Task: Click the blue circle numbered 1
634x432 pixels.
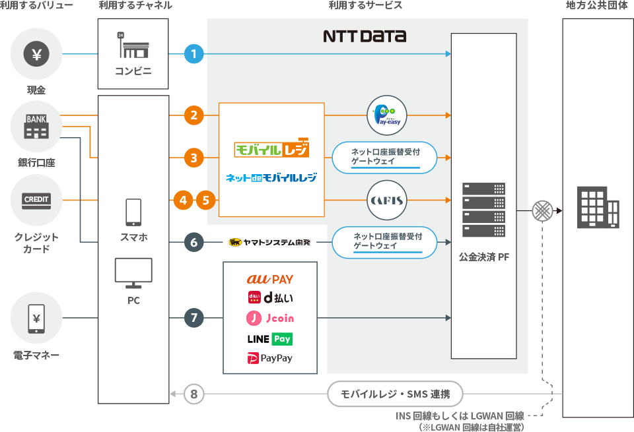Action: (194, 53)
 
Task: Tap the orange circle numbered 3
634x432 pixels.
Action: (194, 158)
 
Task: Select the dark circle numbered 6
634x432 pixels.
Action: (194, 243)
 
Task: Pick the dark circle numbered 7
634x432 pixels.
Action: (194, 318)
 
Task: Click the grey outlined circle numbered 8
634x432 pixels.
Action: (194, 394)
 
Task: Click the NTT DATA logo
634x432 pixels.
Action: (365, 36)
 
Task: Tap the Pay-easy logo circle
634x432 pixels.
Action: (386, 116)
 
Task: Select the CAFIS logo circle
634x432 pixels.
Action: (386, 200)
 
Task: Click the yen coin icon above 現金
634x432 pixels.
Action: (36, 54)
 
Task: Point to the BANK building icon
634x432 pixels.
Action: (36, 127)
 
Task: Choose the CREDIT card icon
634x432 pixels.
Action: (36, 200)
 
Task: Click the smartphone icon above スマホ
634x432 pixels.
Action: (133, 212)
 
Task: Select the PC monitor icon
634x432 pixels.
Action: (133, 273)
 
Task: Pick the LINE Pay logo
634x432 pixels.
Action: (269, 339)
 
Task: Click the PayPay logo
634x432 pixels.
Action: (269, 359)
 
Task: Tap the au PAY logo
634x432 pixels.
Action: (269, 279)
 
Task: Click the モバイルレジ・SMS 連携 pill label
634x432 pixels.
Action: (395, 394)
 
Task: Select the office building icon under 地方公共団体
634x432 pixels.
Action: (598, 206)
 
